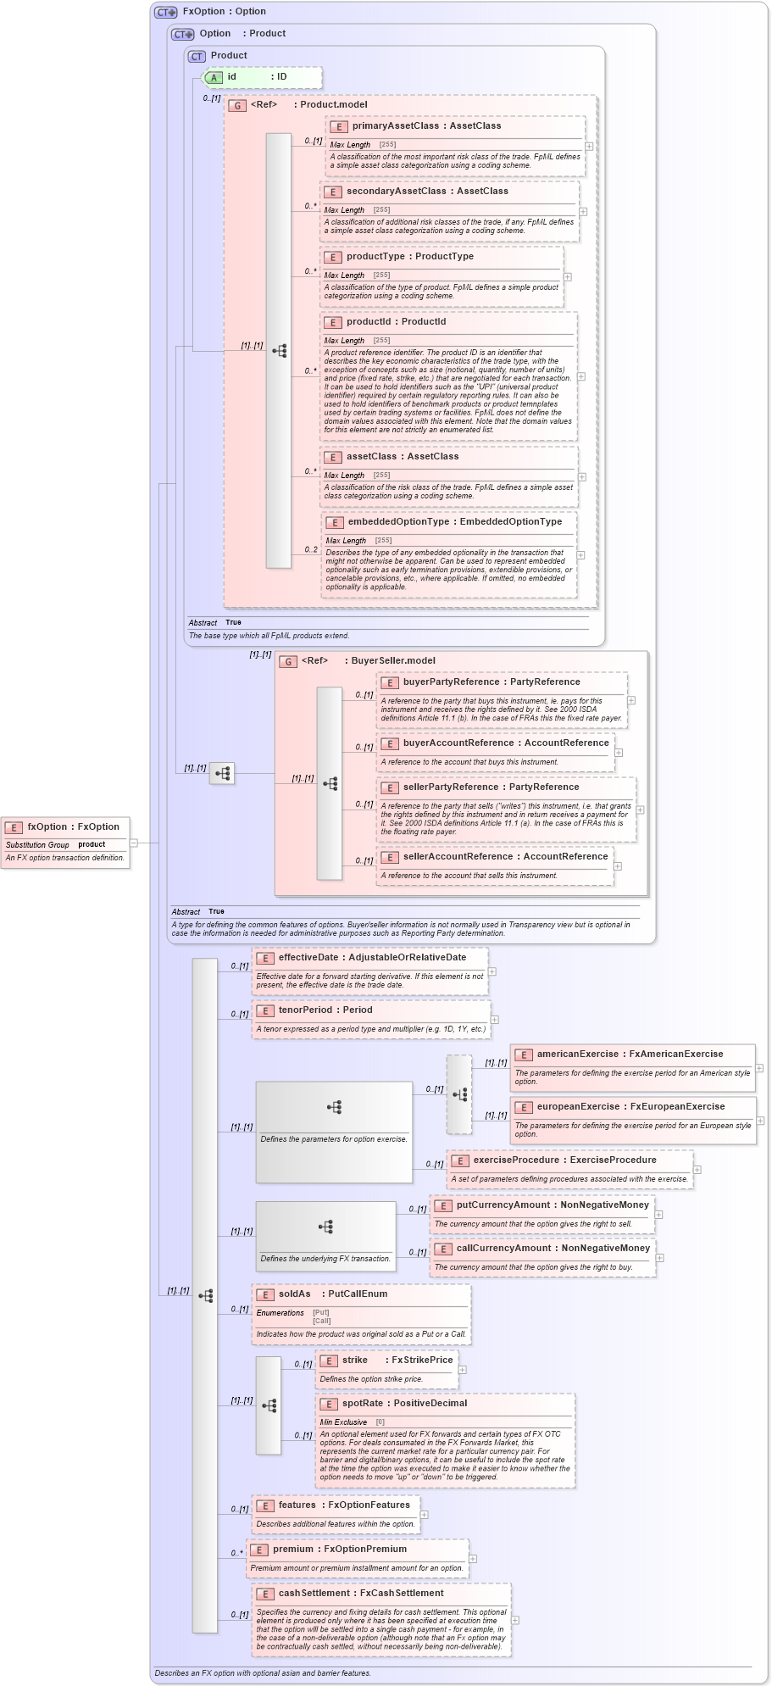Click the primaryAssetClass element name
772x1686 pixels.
[x=394, y=126]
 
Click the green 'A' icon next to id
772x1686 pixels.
[x=214, y=78]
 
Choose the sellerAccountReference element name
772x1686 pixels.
[x=458, y=857]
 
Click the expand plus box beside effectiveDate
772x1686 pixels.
[x=492, y=971]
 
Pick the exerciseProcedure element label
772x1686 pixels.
[x=516, y=1160]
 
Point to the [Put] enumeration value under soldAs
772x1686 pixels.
[x=321, y=1313]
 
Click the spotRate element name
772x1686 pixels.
[x=363, y=1404]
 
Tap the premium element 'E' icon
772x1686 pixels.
[x=258, y=1550]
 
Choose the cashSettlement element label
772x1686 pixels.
[x=314, y=1594]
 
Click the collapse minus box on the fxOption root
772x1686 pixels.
[x=134, y=843]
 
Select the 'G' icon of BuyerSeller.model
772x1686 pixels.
[x=288, y=662]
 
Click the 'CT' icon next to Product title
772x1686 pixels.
[x=197, y=57]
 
